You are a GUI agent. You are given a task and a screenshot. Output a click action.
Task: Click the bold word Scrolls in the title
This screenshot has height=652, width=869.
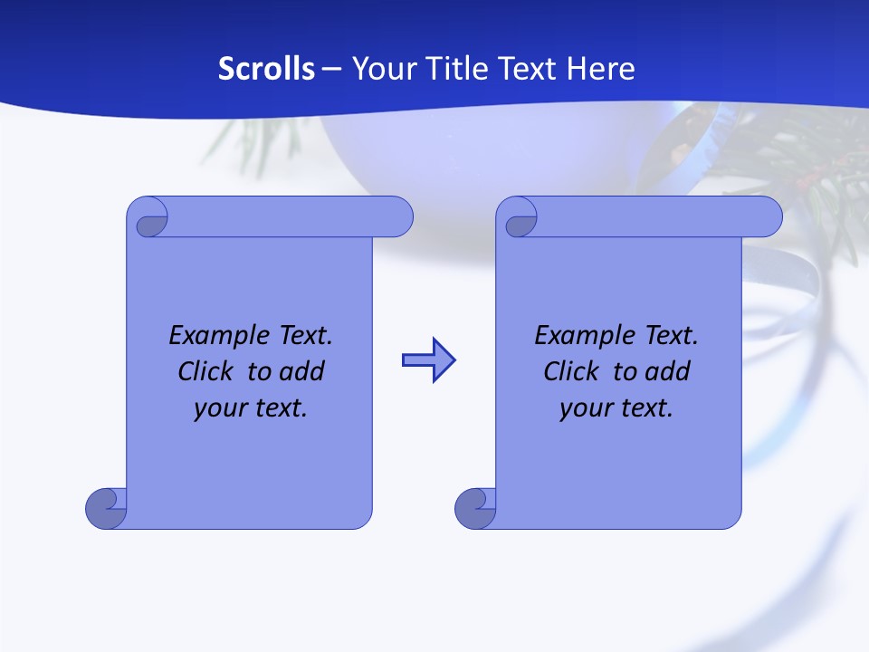[267, 69]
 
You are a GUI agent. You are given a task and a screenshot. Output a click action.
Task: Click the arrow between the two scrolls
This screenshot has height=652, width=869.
[428, 360]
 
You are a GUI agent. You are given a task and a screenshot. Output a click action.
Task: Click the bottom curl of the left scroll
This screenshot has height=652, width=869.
[105, 507]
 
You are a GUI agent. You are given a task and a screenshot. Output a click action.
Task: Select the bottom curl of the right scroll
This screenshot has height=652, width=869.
[474, 507]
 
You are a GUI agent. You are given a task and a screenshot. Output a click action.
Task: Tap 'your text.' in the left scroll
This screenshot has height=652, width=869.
[251, 408]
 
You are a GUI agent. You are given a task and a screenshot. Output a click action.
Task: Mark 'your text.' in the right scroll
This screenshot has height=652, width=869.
[616, 408]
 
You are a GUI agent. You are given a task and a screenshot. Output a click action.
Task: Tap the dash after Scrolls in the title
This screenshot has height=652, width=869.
[331, 69]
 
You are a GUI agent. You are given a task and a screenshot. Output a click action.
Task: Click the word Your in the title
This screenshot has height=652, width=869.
[379, 69]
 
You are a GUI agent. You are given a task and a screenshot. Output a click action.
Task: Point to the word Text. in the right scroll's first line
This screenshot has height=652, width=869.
[671, 336]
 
